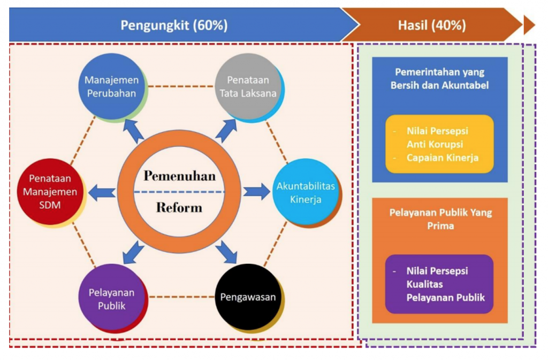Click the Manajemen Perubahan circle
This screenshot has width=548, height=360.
coord(111,86)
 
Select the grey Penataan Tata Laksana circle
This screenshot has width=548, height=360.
coord(248,86)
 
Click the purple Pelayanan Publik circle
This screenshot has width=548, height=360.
coord(111,297)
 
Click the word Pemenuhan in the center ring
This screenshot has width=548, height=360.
coord(180,175)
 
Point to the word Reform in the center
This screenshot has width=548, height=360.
coord(179,208)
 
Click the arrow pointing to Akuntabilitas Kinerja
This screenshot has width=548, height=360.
coord(256,192)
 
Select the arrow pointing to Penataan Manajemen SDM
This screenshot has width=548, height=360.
coord(102,193)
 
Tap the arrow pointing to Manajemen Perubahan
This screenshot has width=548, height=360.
coord(134,131)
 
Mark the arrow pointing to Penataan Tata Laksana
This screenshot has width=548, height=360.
coord(226,131)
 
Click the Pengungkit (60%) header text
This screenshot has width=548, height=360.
coord(174,25)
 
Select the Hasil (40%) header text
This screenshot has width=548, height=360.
coord(432,25)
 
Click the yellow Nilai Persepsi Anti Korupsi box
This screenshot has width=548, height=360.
coord(440,144)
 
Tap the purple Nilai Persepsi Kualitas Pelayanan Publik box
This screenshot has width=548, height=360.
coord(439,284)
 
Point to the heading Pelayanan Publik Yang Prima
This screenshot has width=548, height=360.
coord(441,219)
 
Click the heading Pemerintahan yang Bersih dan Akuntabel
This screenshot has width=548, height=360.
coord(440,79)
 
